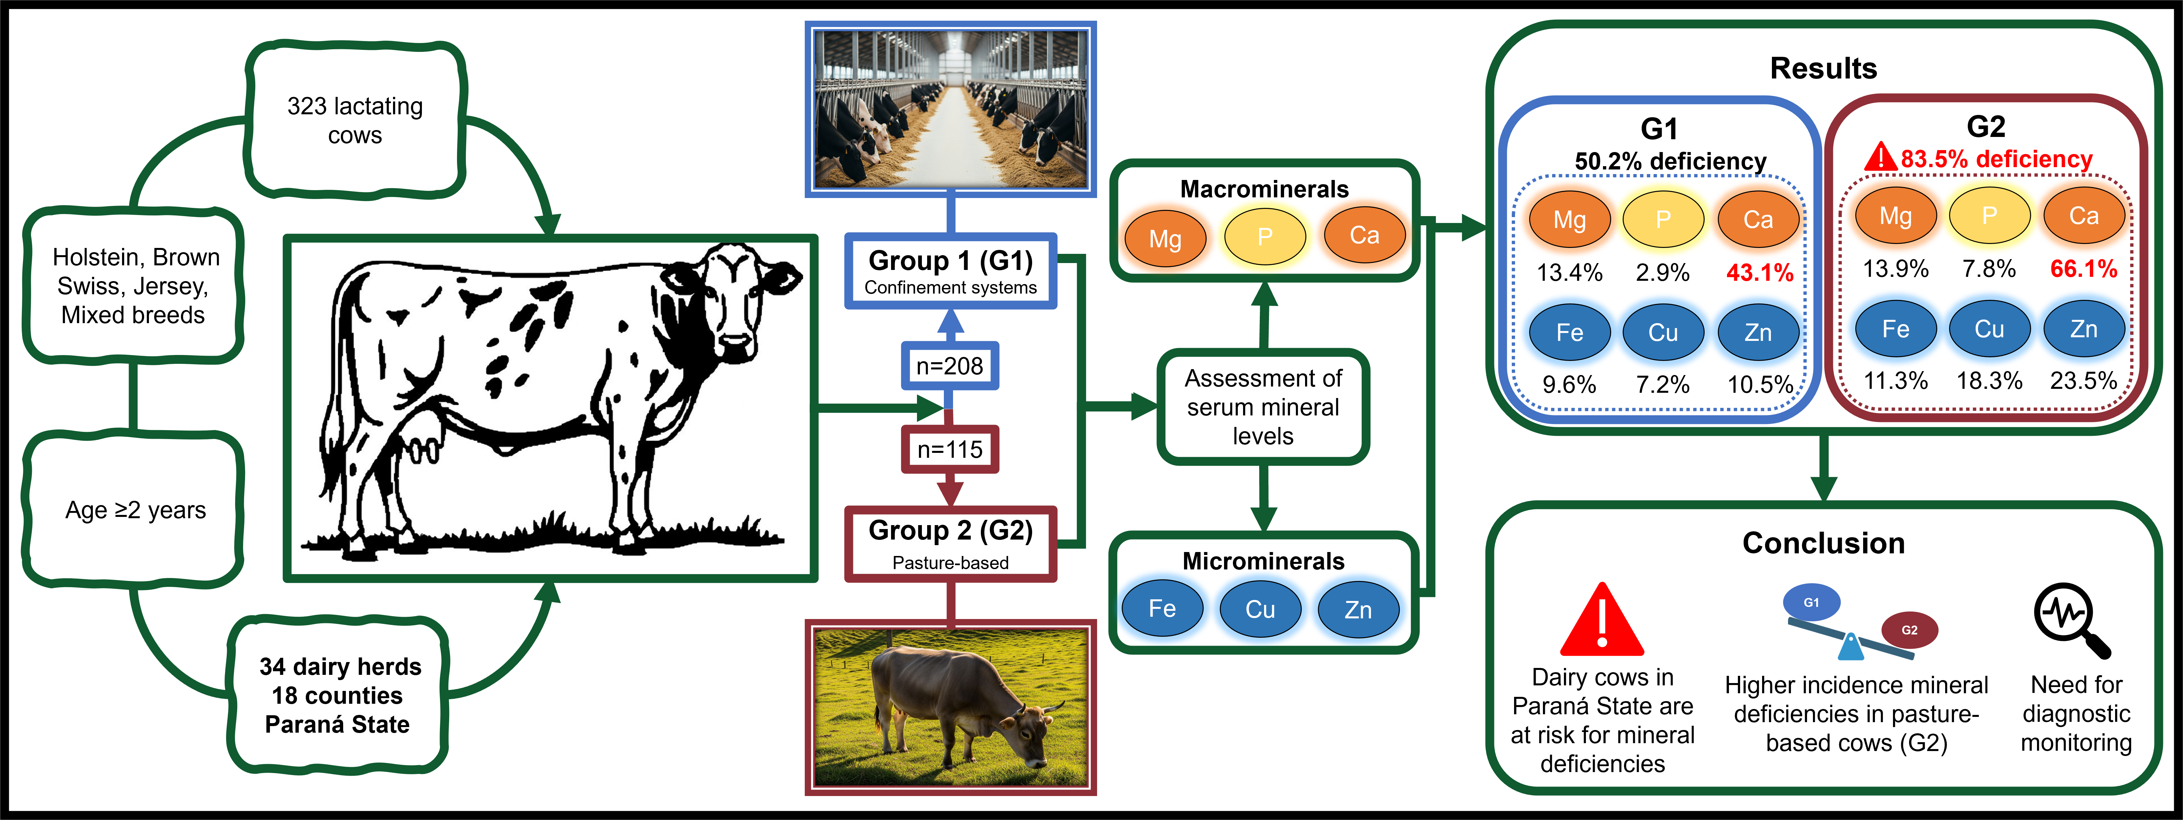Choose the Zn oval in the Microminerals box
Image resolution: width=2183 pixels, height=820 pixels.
point(1358,610)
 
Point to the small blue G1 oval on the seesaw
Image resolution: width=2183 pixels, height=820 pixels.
point(1811,602)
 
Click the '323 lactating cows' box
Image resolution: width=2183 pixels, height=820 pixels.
point(355,121)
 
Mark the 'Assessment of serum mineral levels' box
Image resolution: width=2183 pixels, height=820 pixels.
point(1263,407)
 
